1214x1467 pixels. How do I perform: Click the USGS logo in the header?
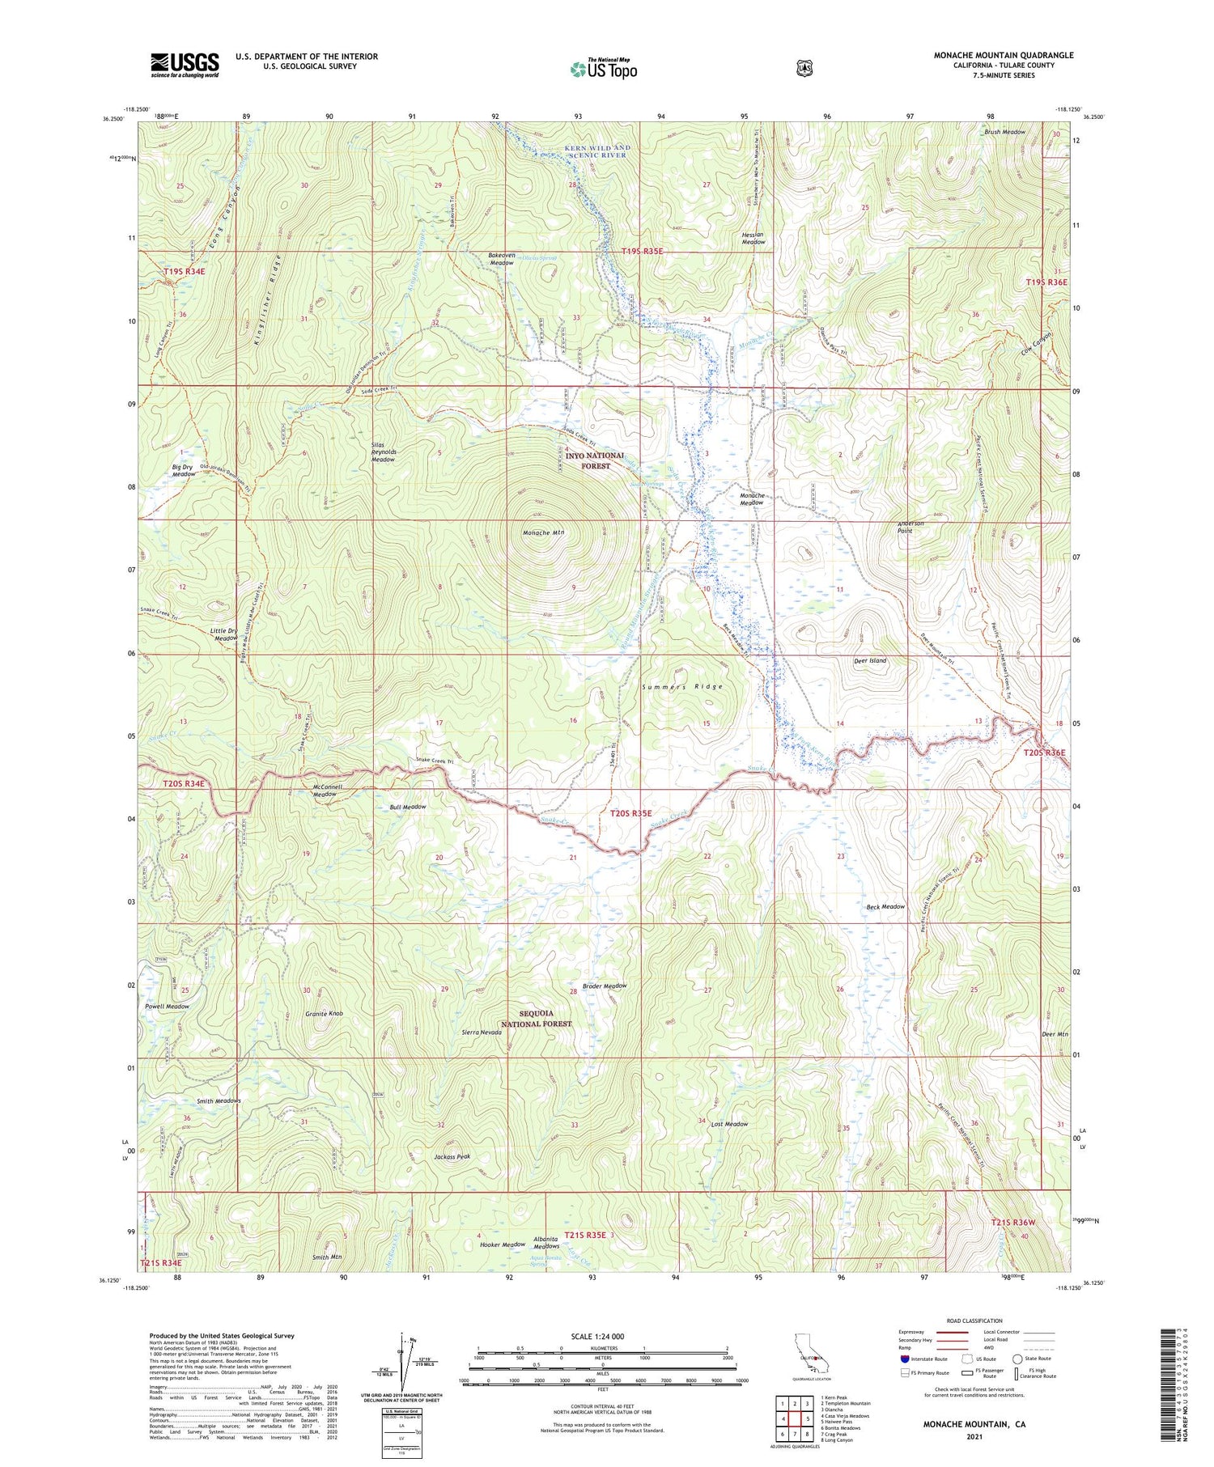[x=184, y=65]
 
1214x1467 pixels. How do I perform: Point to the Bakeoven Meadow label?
[x=501, y=259]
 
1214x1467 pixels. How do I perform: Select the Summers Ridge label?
[x=681, y=686]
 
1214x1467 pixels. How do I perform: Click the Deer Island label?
[x=870, y=660]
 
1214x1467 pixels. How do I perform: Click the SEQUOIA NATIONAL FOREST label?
[x=536, y=1018]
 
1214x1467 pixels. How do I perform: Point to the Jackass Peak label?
[x=452, y=1156]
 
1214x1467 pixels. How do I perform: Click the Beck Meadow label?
[x=885, y=906]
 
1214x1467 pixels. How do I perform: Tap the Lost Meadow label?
[x=729, y=1124]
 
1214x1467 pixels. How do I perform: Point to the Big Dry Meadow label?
[x=183, y=470]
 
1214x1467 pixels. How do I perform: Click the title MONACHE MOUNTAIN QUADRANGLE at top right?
[x=1004, y=55]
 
